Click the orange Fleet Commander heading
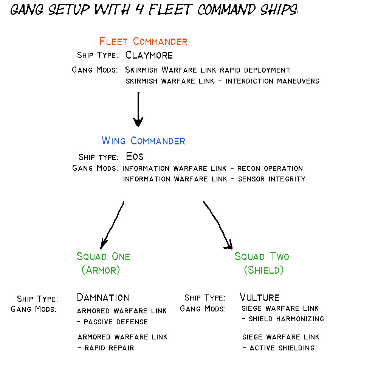[x=143, y=41]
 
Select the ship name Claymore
[x=149, y=55]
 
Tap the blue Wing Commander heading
[x=143, y=141]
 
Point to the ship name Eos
[x=135, y=156]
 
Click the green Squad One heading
[x=103, y=257]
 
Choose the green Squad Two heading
[x=262, y=257]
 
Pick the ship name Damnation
[x=103, y=297]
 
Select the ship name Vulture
[x=259, y=297]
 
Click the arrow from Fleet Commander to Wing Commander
[x=138, y=110]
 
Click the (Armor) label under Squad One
[x=101, y=270]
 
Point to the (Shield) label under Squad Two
[x=263, y=270]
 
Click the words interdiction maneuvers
[x=272, y=81]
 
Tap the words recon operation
[x=270, y=168]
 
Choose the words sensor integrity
[x=271, y=179]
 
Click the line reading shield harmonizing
[x=286, y=319]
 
